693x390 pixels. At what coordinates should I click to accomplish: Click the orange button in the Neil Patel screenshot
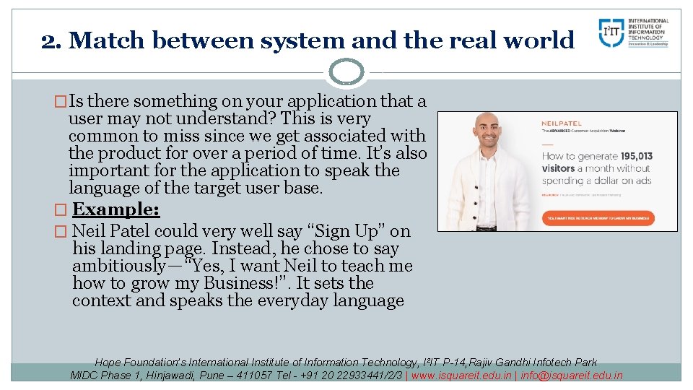pyautogui.click(x=598, y=216)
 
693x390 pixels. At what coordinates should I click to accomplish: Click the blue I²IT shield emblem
pyautogui.click(x=611, y=32)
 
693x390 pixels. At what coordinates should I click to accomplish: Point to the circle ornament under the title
pyautogui.click(x=346, y=71)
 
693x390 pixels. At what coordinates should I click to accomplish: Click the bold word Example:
pyautogui.click(x=116, y=210)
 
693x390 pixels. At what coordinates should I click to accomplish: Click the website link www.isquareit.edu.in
pyautogui.click(x=462, y=375)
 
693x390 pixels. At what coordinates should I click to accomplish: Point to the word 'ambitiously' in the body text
pyautogui.click(x=118, y=266)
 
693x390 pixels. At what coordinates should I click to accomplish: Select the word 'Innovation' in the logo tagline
pyautogui.click(x=639, y=44)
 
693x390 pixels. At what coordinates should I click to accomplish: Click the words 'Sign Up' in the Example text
pyautogui.click(x=346, y=231)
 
